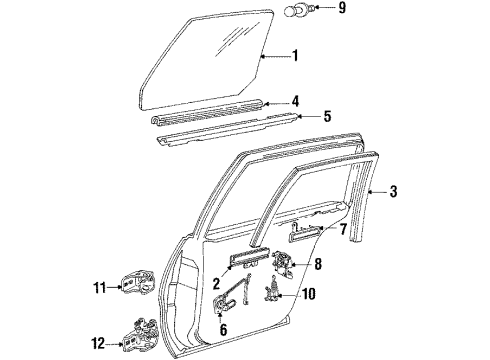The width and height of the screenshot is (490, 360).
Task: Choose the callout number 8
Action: [318, 264]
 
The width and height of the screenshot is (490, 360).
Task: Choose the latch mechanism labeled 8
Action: [283, 265]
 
